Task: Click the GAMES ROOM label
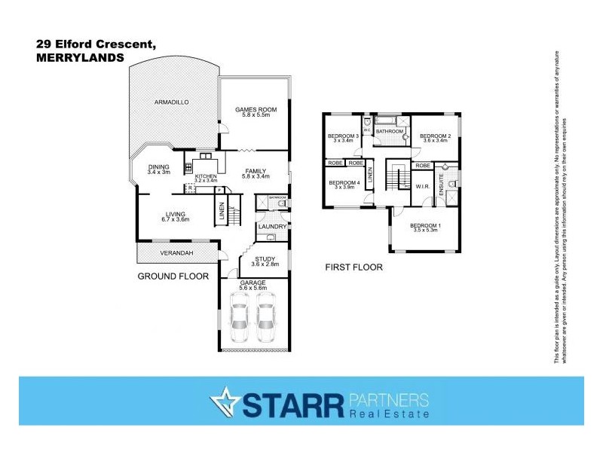tap(256, 109)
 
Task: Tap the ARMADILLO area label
tap(170, 102)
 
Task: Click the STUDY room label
tap(266, 258)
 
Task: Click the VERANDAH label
tap(179, 252)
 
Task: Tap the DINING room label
tap(159, 167)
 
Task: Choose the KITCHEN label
tap(206, 176)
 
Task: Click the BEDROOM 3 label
tap(342, 136)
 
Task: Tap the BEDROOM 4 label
tap(343, 182)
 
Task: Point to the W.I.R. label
tap(423, 185)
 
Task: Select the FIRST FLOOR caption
tap(354, 267)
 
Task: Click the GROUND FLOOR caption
tap(173, 276)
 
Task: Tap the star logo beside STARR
tap(225, 403)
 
